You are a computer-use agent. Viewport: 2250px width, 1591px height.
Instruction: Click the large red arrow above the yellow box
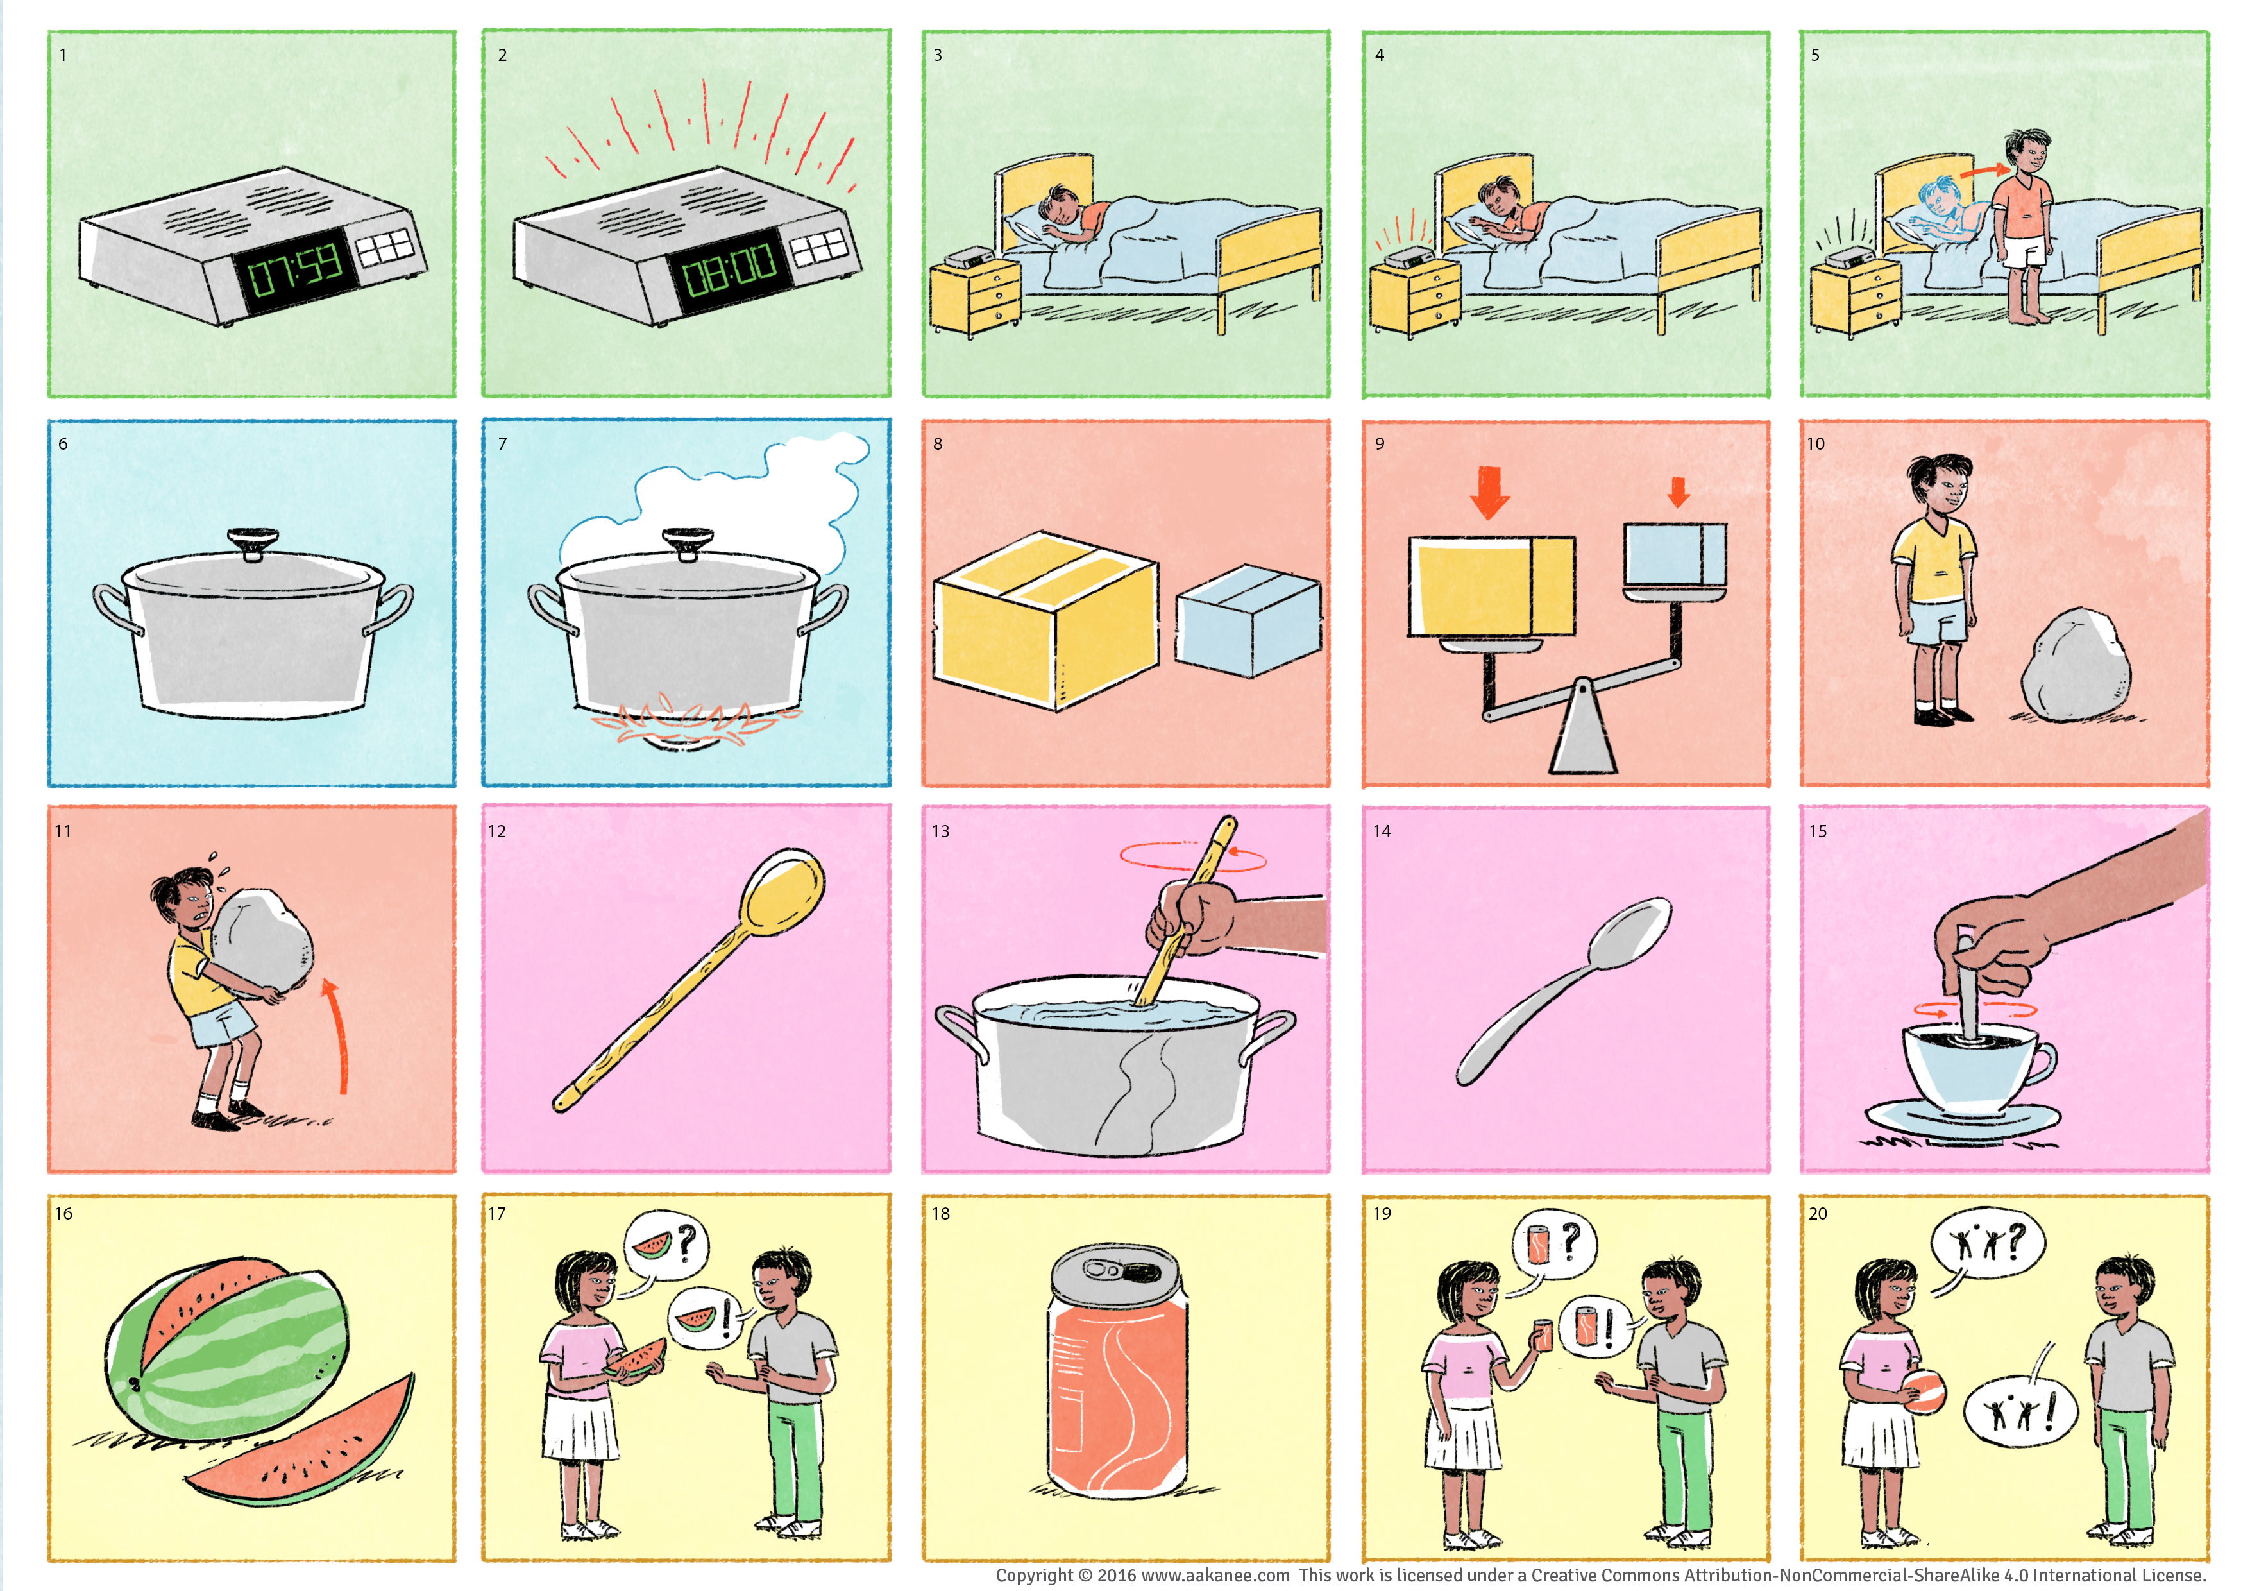click(1489, 491)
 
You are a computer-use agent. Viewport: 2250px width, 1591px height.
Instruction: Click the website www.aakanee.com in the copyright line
click(1215, 1574)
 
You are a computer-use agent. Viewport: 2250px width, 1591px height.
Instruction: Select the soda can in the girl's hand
click(1543, 1334)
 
